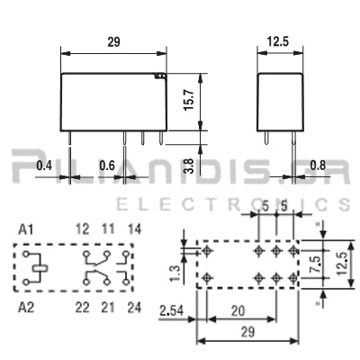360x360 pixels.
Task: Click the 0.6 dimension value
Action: tap(106, 166)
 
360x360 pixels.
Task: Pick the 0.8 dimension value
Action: tap(317, 166)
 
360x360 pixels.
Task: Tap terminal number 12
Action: tap(84, 230)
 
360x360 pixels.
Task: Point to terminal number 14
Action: tap(135, 230)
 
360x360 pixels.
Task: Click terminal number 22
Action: tap(84, 309)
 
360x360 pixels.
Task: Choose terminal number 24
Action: tap(135, 309)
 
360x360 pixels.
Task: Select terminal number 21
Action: tap(109, 309)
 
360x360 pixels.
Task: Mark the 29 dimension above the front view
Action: tap(114, 41)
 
